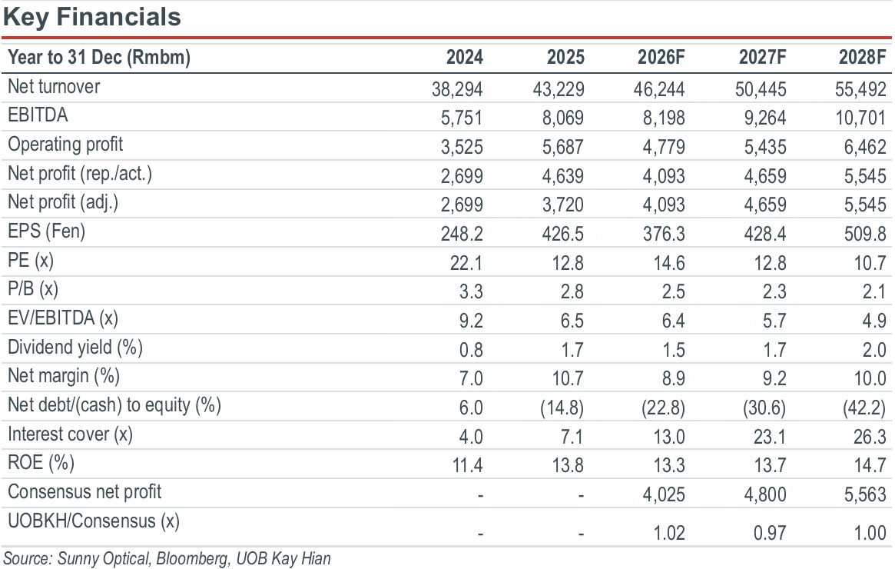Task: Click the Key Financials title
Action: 92,17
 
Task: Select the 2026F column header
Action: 661,57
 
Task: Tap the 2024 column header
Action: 464,57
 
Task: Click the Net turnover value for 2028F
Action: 860,89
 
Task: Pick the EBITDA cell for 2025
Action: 563,118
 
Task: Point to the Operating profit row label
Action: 65,145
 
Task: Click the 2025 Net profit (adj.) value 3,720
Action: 563,205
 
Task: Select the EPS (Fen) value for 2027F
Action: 765,234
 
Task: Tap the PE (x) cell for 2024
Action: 466,263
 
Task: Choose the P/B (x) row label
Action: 33,289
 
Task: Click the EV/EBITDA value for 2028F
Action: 874,321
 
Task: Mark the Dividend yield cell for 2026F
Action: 673,350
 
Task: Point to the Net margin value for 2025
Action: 568,378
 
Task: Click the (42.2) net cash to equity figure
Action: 864,408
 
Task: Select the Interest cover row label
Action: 70,434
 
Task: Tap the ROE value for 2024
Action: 468,465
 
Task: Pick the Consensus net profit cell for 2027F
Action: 765,494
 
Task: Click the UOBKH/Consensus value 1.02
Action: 669,532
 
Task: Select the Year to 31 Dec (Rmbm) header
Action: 99,57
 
